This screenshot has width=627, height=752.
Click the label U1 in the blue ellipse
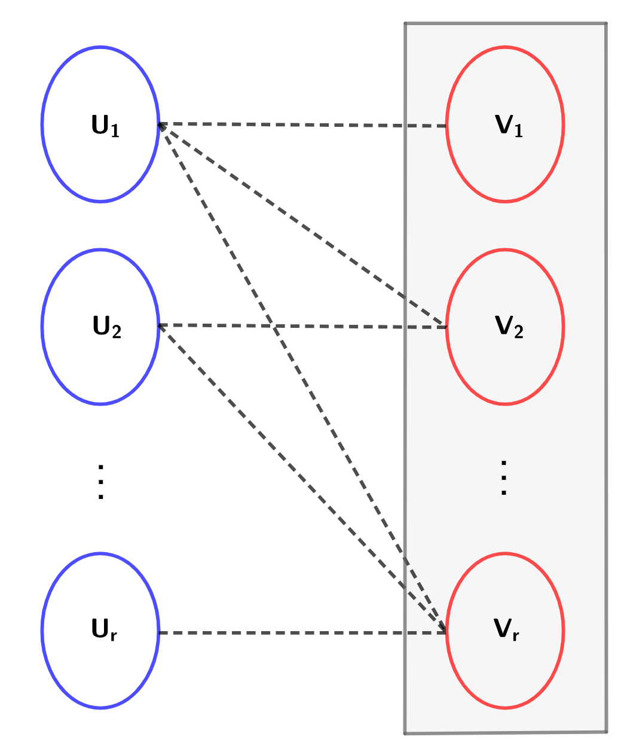105,126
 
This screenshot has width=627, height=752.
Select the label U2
106,327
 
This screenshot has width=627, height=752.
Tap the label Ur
104,630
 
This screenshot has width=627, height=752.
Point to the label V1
509,126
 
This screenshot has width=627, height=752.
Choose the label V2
509,327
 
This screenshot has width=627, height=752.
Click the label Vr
506,630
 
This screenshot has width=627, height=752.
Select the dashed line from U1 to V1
299,125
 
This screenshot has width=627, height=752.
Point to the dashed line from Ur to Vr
299,632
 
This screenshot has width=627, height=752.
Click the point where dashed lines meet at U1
159,124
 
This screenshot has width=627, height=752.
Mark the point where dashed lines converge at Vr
445,631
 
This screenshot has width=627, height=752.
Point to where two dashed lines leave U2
159,325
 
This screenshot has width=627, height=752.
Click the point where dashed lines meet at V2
446,327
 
